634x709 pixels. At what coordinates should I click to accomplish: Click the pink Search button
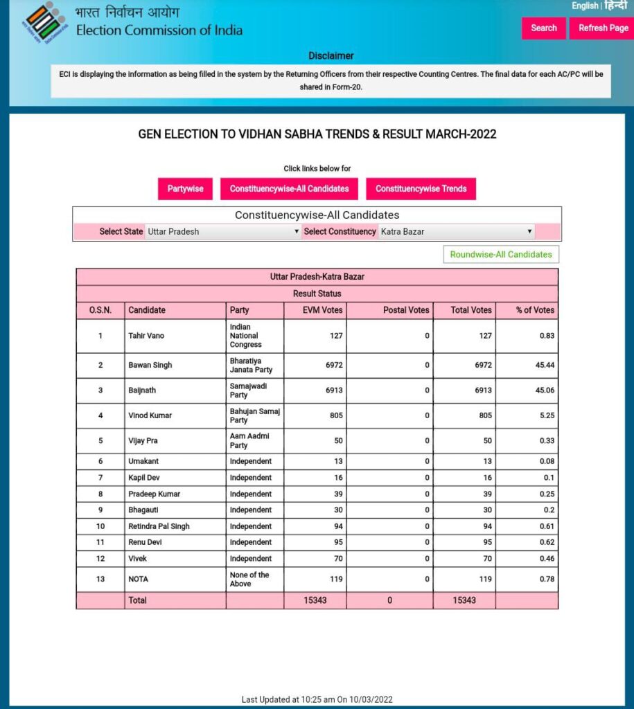pyautogui.click(x=543, y=28)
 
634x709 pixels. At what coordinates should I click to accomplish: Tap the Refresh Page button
pyautogui.click(x=603, y=28)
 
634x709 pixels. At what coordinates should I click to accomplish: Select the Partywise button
pyautogui.click(x=185, y=188)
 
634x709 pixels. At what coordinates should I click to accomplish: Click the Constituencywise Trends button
pyautogui.click(x=421, y=188)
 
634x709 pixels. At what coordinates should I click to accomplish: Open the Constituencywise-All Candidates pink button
pyautogui.click(x=289, y=188)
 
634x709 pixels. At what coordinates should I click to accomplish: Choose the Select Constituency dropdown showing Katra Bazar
pyautogui.click(x=456, y=231)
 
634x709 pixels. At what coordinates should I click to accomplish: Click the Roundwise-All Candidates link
pyautogui.click(x=501, y=254)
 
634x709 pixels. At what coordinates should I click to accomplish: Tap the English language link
pyautogui.click(x=585, y=6)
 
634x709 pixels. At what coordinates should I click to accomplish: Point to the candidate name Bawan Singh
pyautogui.click(x=150, y=365)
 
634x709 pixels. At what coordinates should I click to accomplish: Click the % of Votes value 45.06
pyautogui.click(x=543, y=390)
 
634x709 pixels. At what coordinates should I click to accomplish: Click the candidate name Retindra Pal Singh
pyautogui.click(x=159, y=526)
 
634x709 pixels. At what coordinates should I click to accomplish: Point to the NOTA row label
pyautogui.click(x=138, y=579)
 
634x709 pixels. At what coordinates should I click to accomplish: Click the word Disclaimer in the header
pyautogui.click(x=331, y=55)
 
